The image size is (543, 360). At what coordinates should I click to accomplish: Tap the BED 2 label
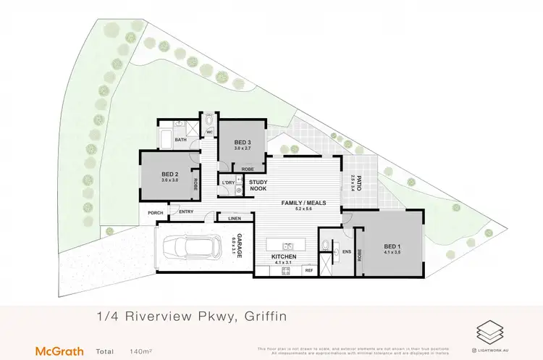(x=169, y=174)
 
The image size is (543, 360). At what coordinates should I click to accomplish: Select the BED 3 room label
(x=243, y=142)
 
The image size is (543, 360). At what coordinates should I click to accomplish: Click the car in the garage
(x=190, y=248)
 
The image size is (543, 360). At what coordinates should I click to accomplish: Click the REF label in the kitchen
(x=308, y=271)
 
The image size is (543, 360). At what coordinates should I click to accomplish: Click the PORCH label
(x=154, y=212)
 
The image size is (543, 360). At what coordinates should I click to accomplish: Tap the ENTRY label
(x=185, y=212)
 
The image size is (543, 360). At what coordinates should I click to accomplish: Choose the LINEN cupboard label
(x=234, y=218)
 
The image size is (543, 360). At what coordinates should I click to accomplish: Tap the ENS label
(x=346, y=253)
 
